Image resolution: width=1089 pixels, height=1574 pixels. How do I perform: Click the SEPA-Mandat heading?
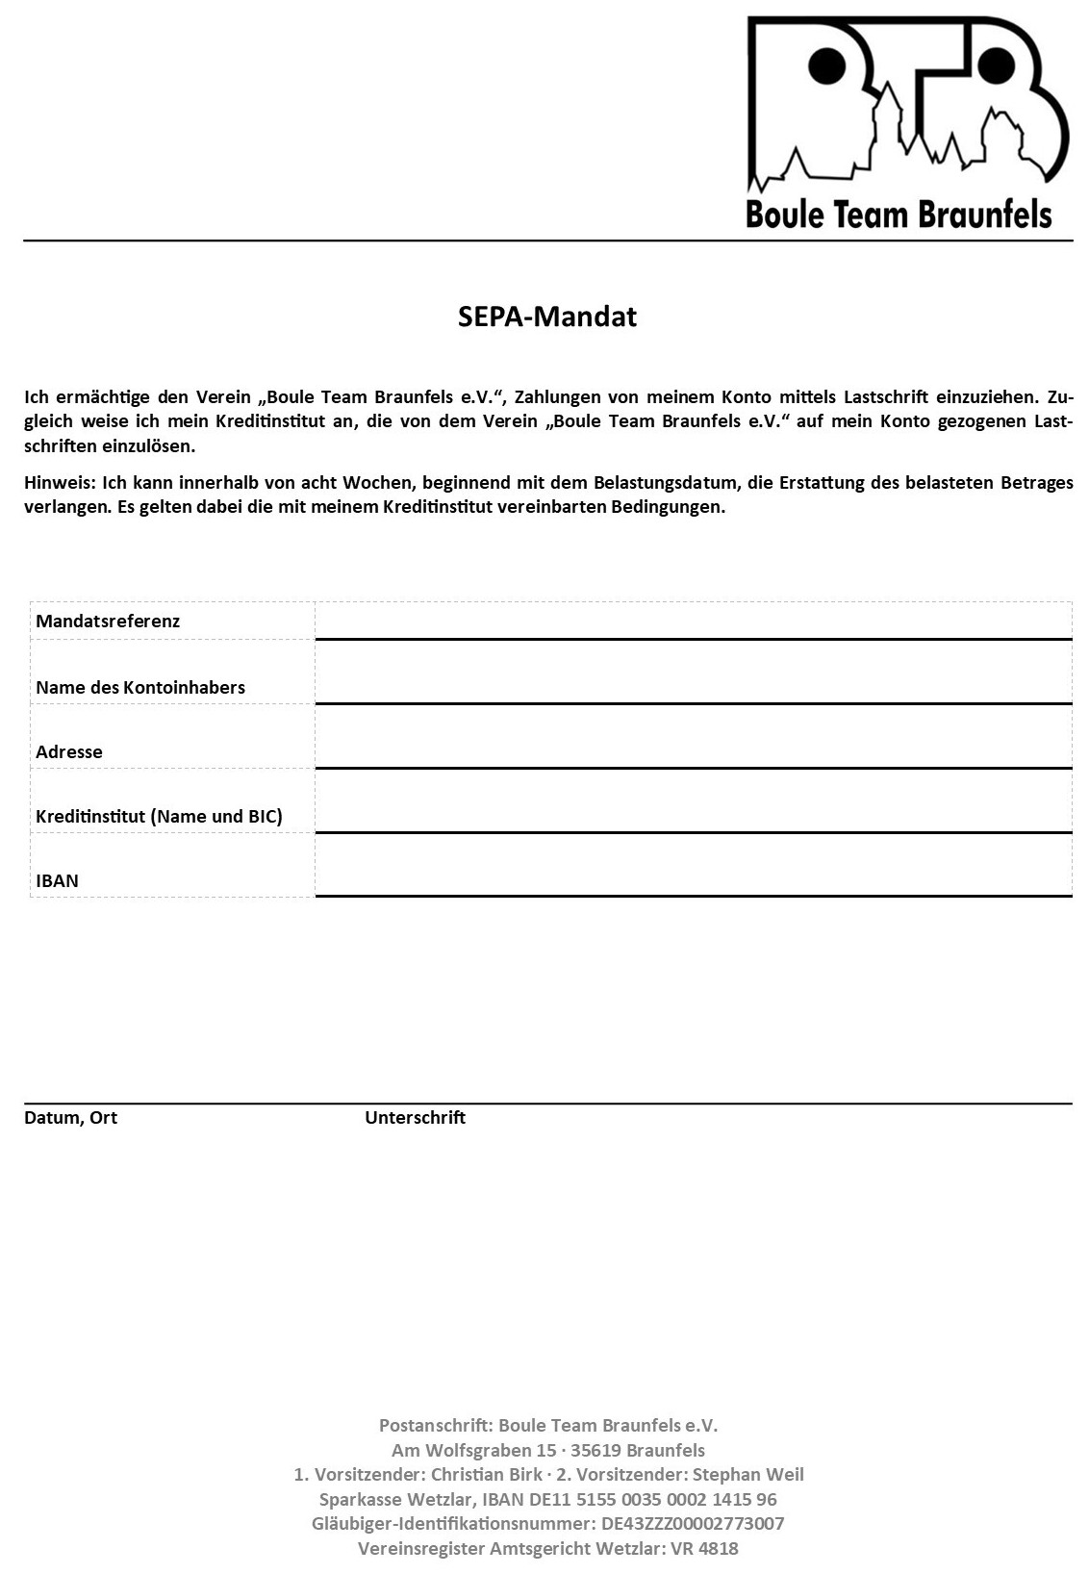(x=546, y=317)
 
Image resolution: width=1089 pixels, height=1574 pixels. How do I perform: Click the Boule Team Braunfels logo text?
(x=899, y=214)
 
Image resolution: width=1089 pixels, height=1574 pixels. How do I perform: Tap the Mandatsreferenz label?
(x=108, y=621)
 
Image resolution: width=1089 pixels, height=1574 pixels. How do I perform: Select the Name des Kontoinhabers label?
(x=140, y=687)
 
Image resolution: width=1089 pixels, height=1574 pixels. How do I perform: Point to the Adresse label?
(x=69, y=751)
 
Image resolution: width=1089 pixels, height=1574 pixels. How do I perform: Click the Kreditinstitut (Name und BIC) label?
(x=159, y=816)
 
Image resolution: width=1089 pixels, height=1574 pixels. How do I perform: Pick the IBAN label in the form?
(x=58, y=880)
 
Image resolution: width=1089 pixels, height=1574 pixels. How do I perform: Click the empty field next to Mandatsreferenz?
(x=693, y=621)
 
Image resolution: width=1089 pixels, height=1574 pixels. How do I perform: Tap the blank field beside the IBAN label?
(x=693, y=866)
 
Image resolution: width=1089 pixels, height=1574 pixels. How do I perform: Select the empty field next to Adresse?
(x=693, y=738)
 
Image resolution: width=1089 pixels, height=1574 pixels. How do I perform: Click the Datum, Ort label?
(x=70, y=1117)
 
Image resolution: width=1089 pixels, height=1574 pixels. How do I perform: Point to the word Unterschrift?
(x=415, y=1117)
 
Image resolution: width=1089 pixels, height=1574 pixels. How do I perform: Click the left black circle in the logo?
(x=825, y=65)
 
